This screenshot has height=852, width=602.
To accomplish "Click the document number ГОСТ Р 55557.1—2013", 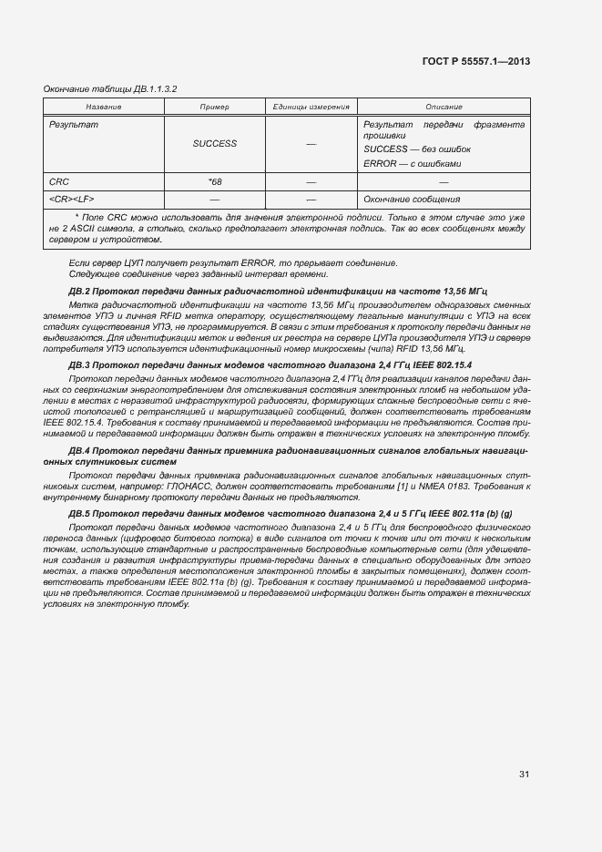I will pyautogui.click(x=476, y=61).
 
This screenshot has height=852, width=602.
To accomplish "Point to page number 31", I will pyautogui.click(x=524, y=775).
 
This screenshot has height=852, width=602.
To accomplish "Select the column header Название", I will pyautogui.click(x=104, y=108).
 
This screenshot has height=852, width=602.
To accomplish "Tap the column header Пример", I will pyautogui.click(x=214, y=108).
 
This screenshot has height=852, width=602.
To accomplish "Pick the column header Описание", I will pyautogui.click(x=444, y=108).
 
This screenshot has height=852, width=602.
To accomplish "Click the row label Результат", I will pyautogui.click(x=74, y=124).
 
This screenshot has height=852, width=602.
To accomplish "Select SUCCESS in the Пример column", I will pyautogui.click(x=214, y=143).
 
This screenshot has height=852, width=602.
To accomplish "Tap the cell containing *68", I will pyautogui.click(x=214, y=181).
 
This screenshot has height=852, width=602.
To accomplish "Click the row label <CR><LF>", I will pyautogui.click(x=72, y=199).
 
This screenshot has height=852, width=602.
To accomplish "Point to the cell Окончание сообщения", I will pyautogui.click(x=411, y=199).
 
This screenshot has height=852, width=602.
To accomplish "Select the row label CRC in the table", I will pyautogui.click(x=59, y=181).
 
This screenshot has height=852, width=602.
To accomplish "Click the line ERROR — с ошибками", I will pyautogui.click(x=413, y=163).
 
